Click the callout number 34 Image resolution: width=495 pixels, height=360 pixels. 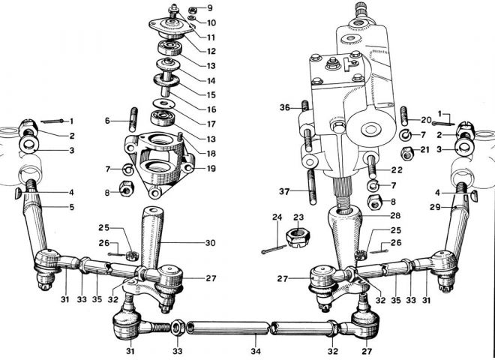point(256,351)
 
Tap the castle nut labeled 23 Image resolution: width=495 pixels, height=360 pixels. point(298,238)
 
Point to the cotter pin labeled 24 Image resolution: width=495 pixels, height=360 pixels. point(274,249)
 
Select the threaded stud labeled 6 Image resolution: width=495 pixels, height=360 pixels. point(133,119)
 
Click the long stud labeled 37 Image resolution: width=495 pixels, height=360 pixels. point(312,187)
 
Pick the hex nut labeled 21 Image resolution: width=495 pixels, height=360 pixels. point(407,154)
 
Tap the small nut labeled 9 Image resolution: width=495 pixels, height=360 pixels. point(193,10)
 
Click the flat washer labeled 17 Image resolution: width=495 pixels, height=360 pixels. point(164,103)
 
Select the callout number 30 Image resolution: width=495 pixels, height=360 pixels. point(210,243)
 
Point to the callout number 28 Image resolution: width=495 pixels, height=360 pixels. point(395,215)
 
